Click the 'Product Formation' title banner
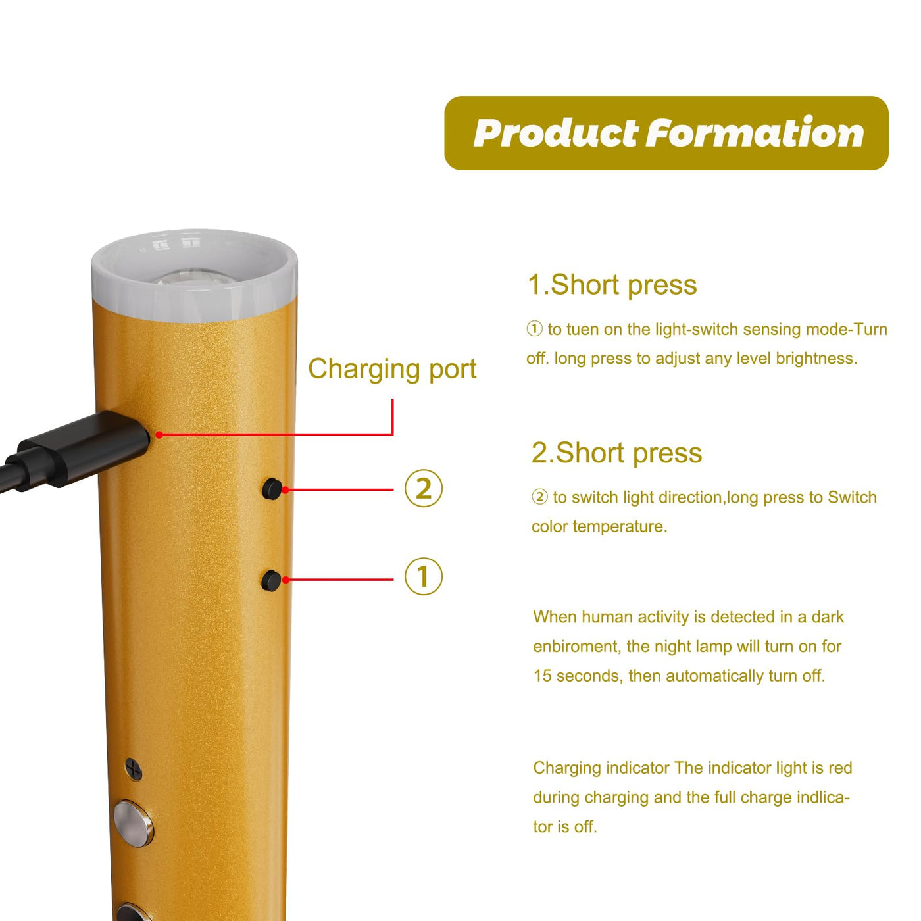(x=666, y=133)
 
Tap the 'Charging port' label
(x=392, y=369)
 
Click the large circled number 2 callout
(x=424, y=489)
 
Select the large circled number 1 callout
(x=424, y=576)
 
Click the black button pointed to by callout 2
(x=272, y=489)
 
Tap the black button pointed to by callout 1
(x=271, y=580)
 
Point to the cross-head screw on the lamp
(x=134, y=769)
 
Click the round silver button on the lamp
(x=134, y=824)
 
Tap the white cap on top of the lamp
(x=194, y=275)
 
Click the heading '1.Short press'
(x=612, y=286)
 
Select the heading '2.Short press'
(x=616, y=453)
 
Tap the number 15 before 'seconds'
(x=543, y=676)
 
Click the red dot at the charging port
(x=159, y=434)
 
